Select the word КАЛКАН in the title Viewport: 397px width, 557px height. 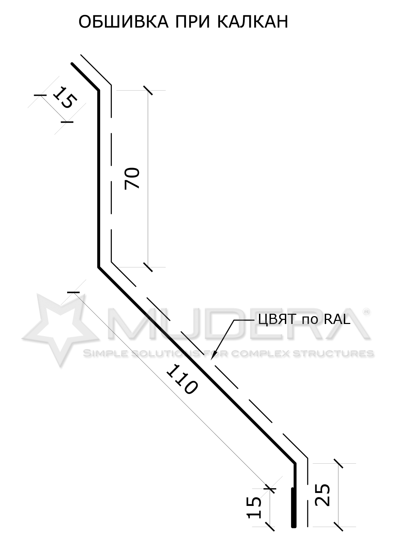pos(253,22)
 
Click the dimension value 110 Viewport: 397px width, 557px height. pos(182,380)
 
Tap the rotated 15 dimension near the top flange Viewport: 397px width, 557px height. pos(65,97)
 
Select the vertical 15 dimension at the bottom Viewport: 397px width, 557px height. pos(254,508)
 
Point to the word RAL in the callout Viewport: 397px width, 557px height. pos(337,320)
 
